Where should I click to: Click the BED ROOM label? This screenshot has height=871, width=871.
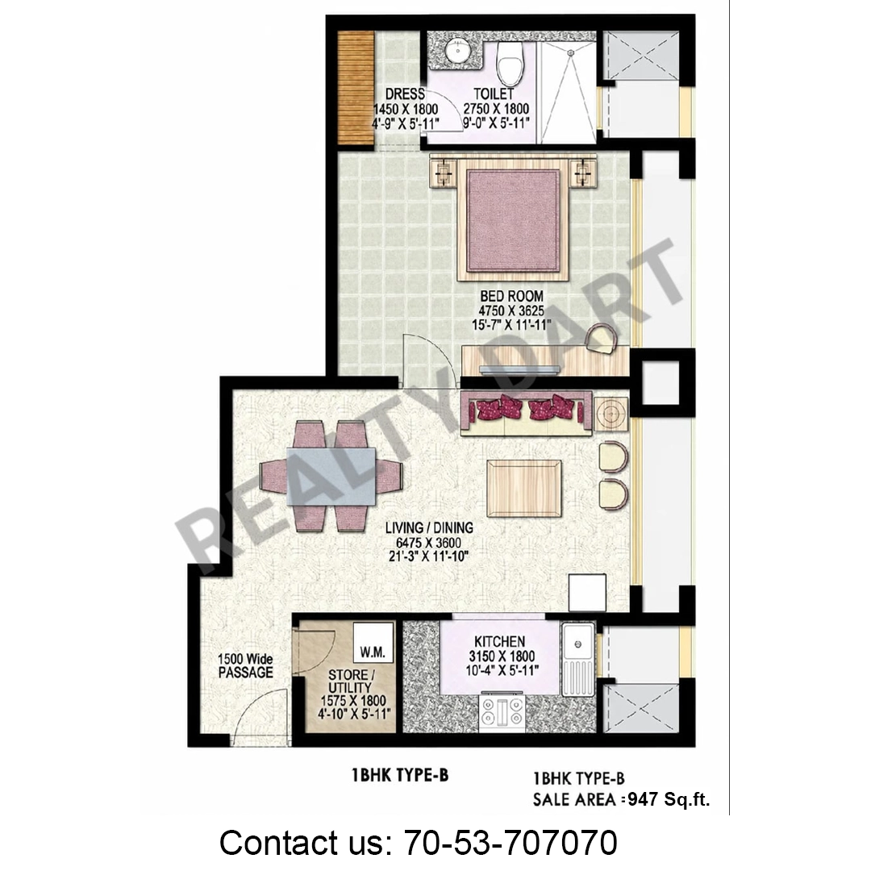(511, 296)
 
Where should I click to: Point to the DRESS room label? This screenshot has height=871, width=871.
(405, 94)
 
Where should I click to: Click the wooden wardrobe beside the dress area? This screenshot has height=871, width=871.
(356, 88)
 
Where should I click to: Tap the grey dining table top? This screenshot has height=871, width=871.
(331, 477)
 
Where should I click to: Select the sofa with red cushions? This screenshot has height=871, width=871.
(526, 412)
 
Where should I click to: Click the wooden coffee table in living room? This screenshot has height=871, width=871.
(524, 489)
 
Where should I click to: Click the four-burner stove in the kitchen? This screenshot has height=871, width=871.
(502, 713)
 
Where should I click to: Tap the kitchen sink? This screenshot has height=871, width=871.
(577, 659)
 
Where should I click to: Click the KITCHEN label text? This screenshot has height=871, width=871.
(500, 642)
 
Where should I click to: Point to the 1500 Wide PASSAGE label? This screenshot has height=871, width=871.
(245, 666)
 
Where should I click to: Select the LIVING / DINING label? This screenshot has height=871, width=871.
(429, 527)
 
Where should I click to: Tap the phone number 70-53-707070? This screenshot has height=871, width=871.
(511, 842)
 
